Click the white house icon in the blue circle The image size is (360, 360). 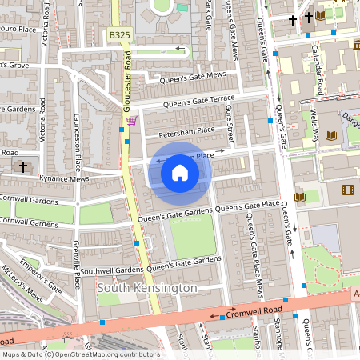[x=180, y=173]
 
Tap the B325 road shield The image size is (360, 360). [x=120, y=36]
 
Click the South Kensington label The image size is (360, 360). [x=146, y=287]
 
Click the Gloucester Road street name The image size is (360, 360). [x=127, y=77]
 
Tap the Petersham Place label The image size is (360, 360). [x=186, y=130]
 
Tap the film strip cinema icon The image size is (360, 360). [x=346, y=190]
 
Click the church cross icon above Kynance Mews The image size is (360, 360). [x=23, y=167]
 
